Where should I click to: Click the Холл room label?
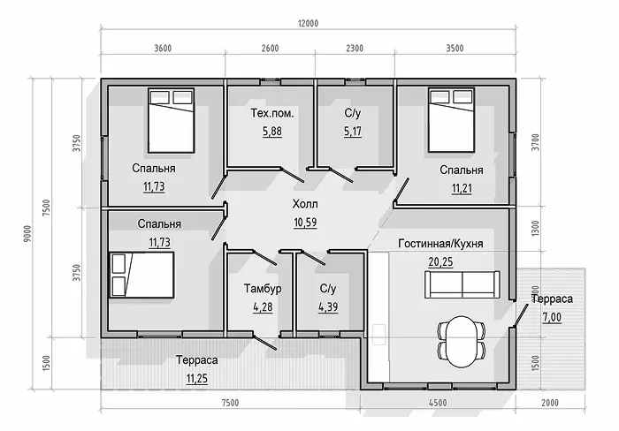pyautogui.click(x=305, y=204)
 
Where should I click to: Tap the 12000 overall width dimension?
pyautogui.click(x=308, y=23)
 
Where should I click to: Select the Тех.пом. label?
pyautogui.click(x=272, y=114)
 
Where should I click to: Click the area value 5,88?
pyautogui.click(x=272, y=132)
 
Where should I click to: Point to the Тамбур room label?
pyautogui.click(x=263, y=289)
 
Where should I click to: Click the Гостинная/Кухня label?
pyautogui.click(x=440, y=244)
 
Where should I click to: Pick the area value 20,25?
pyautogui.click(x=440, y=261)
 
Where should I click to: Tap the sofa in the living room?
pyautogui.click(x=462, y=284)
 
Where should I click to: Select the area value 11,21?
pyautogui.click(x=462, y=188)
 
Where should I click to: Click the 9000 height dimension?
pyautogui.click(x=27, y=233)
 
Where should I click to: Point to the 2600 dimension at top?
pyautogui.click(x=270, y=49)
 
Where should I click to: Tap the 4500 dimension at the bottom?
pyautogui.click(x=438, y=403)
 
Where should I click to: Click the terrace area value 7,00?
pyautogui.click(x=552, y=317)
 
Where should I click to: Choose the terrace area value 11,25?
pyautogui.click(x=197, y=379)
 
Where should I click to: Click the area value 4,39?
pyautogui.click(x=328, y=306)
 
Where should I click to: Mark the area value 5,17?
pyautogui.click(x=353, y=132)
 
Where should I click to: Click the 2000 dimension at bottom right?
pyautogui.click(x=550, y=403)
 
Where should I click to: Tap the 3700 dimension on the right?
pyautogui.click(x=535, y=143)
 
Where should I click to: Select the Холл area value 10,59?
pyautogui.click(x=305, y=223)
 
